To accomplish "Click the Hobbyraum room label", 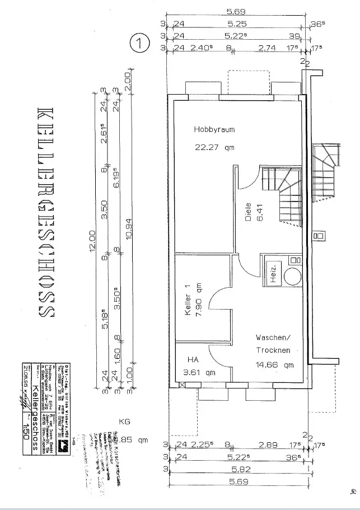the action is (214, 129).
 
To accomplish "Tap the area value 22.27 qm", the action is (214, 148).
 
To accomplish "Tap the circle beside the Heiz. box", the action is (292, 276).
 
